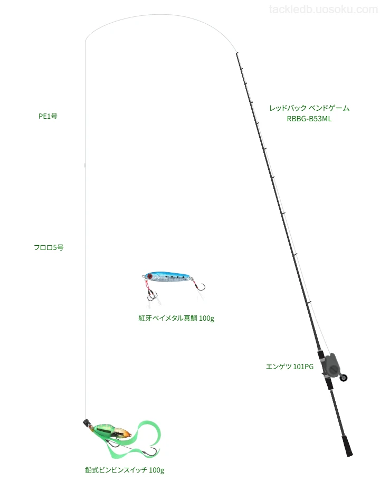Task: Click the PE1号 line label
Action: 48,116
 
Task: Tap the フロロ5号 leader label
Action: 49,247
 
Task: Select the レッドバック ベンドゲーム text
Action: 309,108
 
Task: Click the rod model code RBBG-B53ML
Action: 309,119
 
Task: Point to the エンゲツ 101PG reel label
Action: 290,367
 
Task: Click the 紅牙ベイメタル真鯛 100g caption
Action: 176,318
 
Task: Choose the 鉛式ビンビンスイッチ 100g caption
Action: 125,470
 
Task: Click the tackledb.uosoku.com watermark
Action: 324,9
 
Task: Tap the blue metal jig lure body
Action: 169,277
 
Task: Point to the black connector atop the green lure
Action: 86,422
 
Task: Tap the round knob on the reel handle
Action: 344,378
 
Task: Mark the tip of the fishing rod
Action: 236,53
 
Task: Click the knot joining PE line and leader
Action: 85,165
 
